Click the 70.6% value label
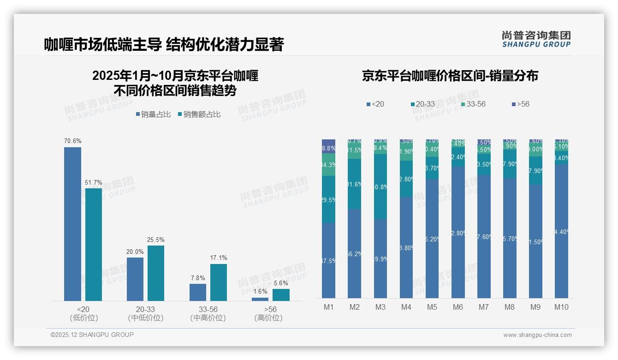[x=72, y=141]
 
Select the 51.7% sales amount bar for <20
[x=94, y=244]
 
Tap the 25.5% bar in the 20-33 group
[x=156, y=273]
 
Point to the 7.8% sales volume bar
[x=198, y=292]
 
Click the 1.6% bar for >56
[x=260, y=299]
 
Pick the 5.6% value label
[x=281, y=283]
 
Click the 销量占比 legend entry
[x=153, y=114]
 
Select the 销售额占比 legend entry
[x=199, y=114]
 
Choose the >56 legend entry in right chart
[x=520, y=104]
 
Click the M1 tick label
[x=328, y=307]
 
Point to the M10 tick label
[x=561, y=307]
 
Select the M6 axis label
[x=458, y=307]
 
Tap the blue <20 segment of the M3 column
[x=380, y=258]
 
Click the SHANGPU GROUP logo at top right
[x=536, y=39]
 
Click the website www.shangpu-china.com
[x=537, y=335]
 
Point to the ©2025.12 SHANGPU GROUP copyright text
[x=92, y=335]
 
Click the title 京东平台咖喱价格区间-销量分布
[x=450, y=76]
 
